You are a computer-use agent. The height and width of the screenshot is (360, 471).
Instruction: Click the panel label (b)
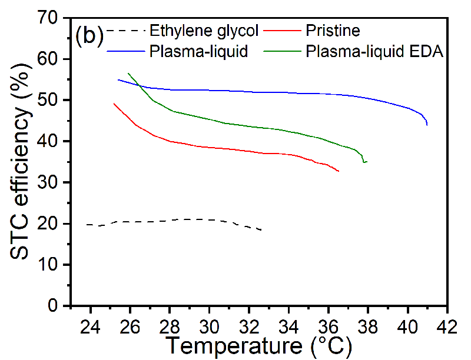click(x=90, y=36)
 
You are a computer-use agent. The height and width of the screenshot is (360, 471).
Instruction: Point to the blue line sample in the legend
click(x=125, y=51)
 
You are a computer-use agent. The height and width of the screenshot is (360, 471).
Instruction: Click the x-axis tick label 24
click(x=90, y=325)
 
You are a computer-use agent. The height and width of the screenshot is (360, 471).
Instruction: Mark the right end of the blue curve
click(x=427, y=124)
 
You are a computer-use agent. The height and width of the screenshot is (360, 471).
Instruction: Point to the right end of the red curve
click(x=339, y=171)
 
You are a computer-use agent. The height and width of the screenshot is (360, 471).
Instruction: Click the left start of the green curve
click(x=128, y=74)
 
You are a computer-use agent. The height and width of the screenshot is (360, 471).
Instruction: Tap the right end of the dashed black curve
click(x=261, y=230)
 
